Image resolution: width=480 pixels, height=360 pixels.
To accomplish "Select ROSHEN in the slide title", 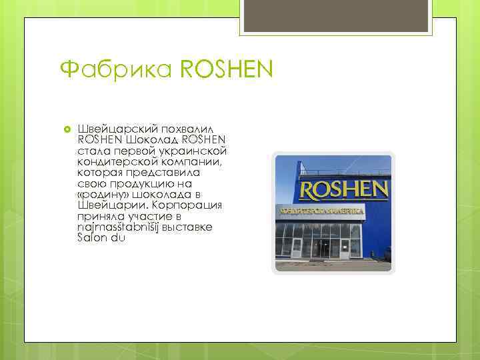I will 227,69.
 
